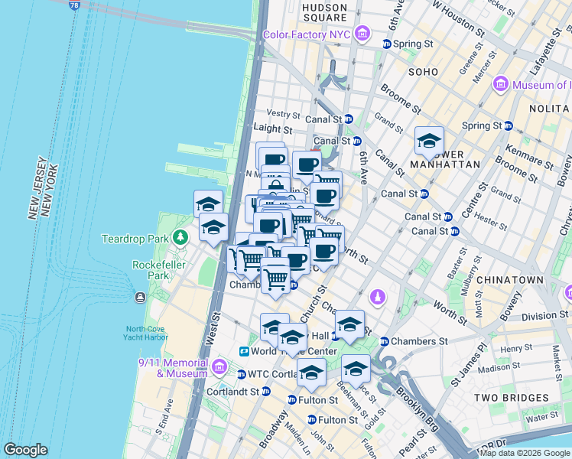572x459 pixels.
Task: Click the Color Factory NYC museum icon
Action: (362, 34)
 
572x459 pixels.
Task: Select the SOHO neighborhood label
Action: (423, 72)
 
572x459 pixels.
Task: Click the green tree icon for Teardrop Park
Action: (180, 238)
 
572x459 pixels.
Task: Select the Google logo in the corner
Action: (25, 450)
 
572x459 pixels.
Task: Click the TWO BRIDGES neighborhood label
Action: (511, 398)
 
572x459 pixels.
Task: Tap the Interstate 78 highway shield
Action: (74, 5)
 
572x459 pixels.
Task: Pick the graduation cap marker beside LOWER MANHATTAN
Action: (429, 142)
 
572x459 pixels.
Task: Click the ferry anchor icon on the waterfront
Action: (140, 297)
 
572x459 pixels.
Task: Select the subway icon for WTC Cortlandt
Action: (242, 375)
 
